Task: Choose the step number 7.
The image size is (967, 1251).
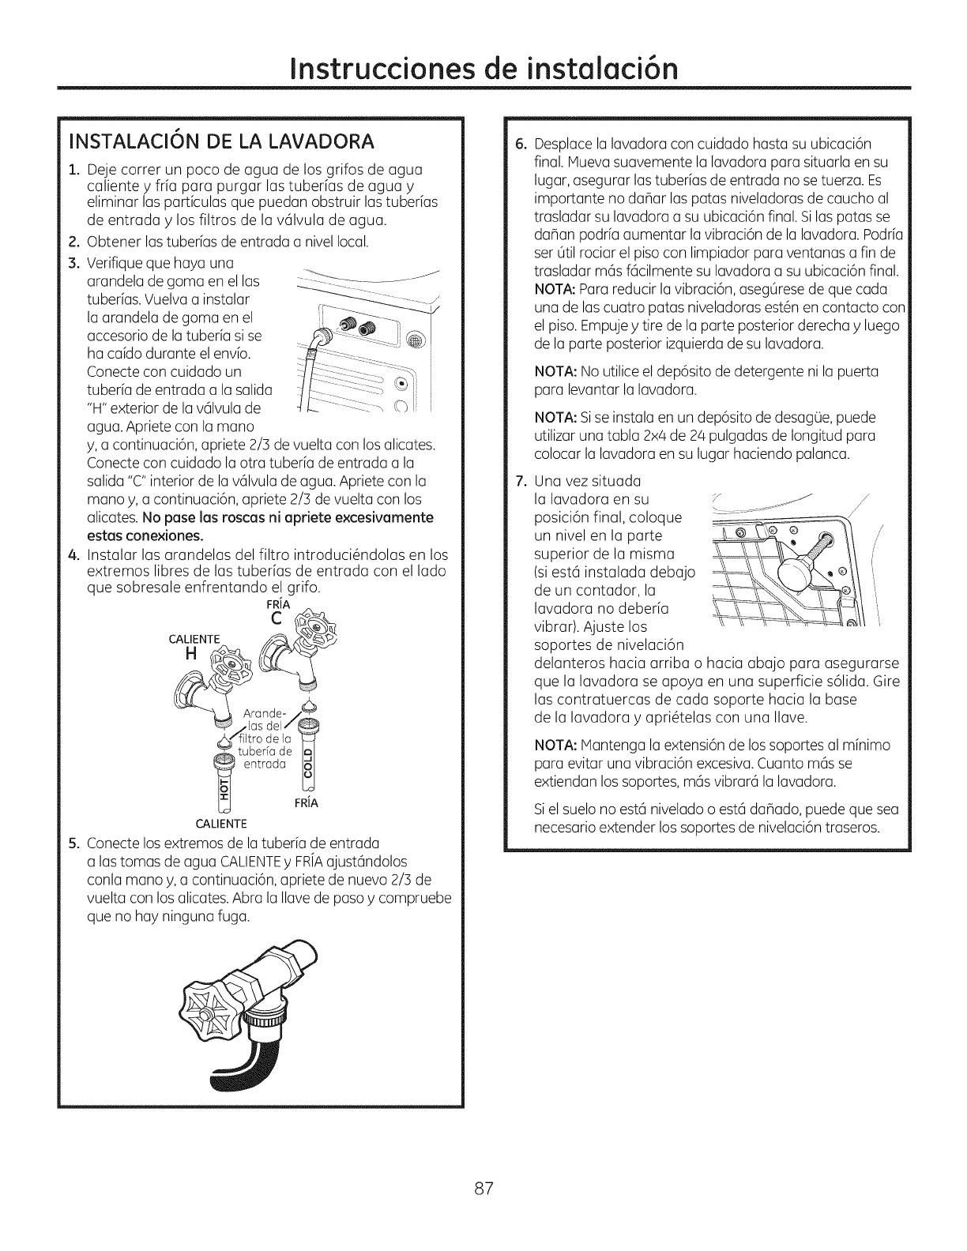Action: pyautogui.click(x=519, y=480)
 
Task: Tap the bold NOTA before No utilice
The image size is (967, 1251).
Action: pyautogui.click(x=556, y=372)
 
